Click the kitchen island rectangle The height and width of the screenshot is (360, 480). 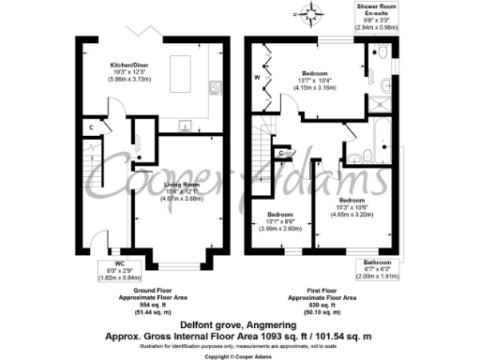click(180, 67)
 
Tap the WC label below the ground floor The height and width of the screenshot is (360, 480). click(119, 264)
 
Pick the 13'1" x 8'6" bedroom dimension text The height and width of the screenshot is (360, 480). click(277, 222)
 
